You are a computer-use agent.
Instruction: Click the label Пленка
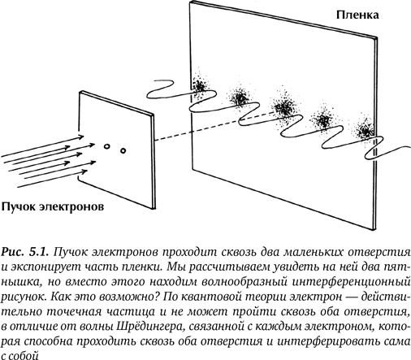357,15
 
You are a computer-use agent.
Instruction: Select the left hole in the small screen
106,146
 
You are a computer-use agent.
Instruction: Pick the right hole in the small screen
123,150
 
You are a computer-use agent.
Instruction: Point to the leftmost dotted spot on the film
200,85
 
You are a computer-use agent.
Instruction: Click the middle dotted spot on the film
283,106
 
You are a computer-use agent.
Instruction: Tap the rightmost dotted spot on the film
366,131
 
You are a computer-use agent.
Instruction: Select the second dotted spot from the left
240,97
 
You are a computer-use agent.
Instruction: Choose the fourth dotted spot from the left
323,119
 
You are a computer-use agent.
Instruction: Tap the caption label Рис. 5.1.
25,252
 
